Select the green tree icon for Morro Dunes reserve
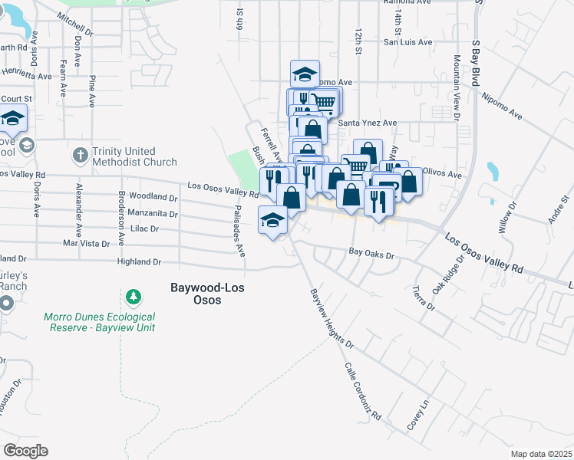tap(134, 296)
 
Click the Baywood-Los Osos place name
tap(195, 294)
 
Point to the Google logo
tap(25, 451)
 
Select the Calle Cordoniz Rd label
tap(363, 391)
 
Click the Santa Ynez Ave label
tap(367, 123)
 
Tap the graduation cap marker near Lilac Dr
tap(272, 221)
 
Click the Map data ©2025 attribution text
tap(540, 454)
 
